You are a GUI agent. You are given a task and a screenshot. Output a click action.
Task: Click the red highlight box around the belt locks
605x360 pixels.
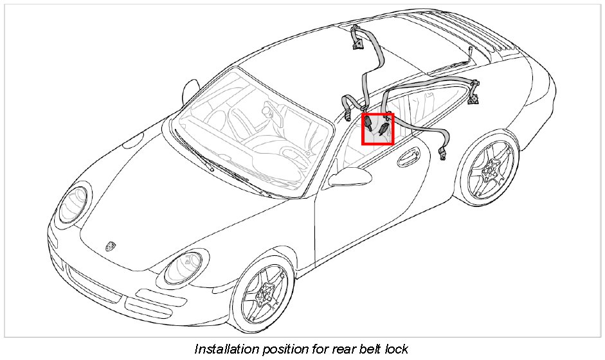(377, 129)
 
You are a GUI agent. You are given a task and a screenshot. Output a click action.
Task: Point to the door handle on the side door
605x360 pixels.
(408, 155)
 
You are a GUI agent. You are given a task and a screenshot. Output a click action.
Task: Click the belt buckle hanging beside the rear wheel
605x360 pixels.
(444, 153)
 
